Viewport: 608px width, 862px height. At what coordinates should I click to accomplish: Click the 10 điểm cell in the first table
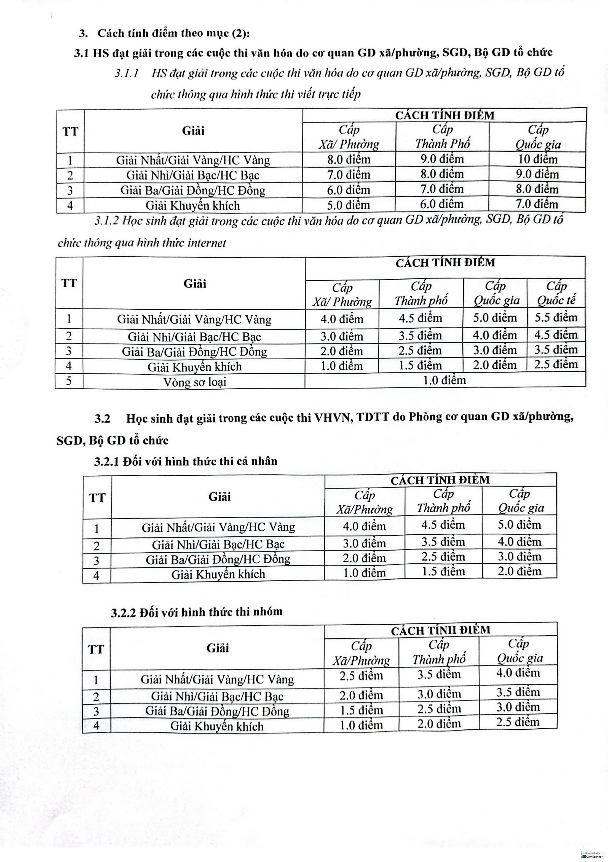(537, 160)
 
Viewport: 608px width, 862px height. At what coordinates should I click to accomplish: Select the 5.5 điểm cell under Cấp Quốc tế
(556, 318)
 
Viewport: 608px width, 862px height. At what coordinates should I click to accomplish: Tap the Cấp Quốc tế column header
(556, 293)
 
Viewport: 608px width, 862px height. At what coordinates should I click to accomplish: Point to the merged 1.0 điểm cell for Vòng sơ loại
(444, 380)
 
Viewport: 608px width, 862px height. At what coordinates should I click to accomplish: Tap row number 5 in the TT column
(69, 381)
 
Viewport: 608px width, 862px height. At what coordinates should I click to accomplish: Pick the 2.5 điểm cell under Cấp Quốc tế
(556, 364)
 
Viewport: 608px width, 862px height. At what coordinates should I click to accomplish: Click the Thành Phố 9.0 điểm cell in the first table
(442, 159)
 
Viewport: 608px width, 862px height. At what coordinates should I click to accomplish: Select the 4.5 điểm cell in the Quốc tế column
(556, 334)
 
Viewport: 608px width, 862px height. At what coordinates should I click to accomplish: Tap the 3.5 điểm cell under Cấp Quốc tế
(556, 350)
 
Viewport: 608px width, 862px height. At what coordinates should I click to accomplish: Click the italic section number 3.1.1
(127, 73)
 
